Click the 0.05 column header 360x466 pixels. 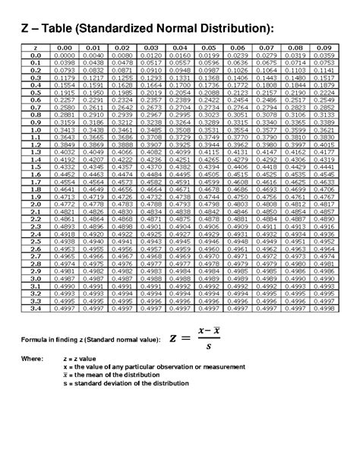coord(207,49)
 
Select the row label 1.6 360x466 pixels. coord(36,174)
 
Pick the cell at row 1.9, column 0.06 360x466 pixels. coord(235,197)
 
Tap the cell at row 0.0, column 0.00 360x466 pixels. coord(65,55)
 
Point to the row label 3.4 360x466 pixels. coord(36,309)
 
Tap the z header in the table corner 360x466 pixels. coord(36,49)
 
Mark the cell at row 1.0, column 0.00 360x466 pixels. coord(65,130)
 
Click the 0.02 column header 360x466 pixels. coord(122,49)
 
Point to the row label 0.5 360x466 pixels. coord(36,93)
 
